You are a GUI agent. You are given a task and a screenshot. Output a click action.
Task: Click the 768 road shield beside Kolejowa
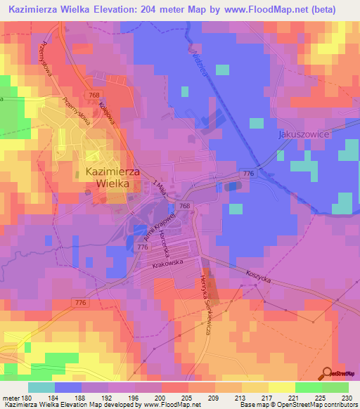pos(94,94)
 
